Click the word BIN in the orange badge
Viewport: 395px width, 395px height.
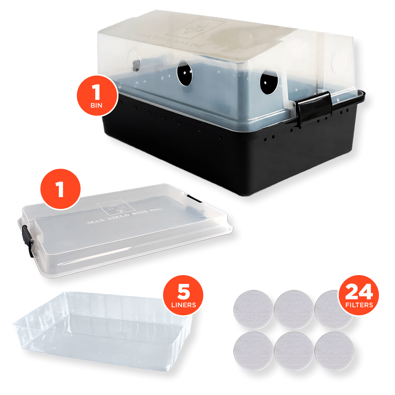click(x=96, y=105)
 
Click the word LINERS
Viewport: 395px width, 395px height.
click(x=183, y=305)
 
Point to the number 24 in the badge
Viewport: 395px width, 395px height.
click(x=359, y=291)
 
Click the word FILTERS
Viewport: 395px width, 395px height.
click(x=359, y=305)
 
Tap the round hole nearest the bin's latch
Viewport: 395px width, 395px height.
click(x=269, y=82)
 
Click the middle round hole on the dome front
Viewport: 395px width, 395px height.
click(x=185, y=73)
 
